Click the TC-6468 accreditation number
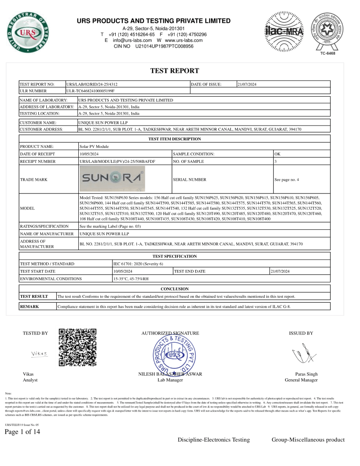point(328,54)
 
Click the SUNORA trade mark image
point(112,179)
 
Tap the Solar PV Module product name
point(94,147)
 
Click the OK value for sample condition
point(277,154)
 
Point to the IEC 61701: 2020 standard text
point(138,264)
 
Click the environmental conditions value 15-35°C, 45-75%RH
point(131,279)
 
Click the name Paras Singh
point(306,374)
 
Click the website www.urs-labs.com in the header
point(184,40)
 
